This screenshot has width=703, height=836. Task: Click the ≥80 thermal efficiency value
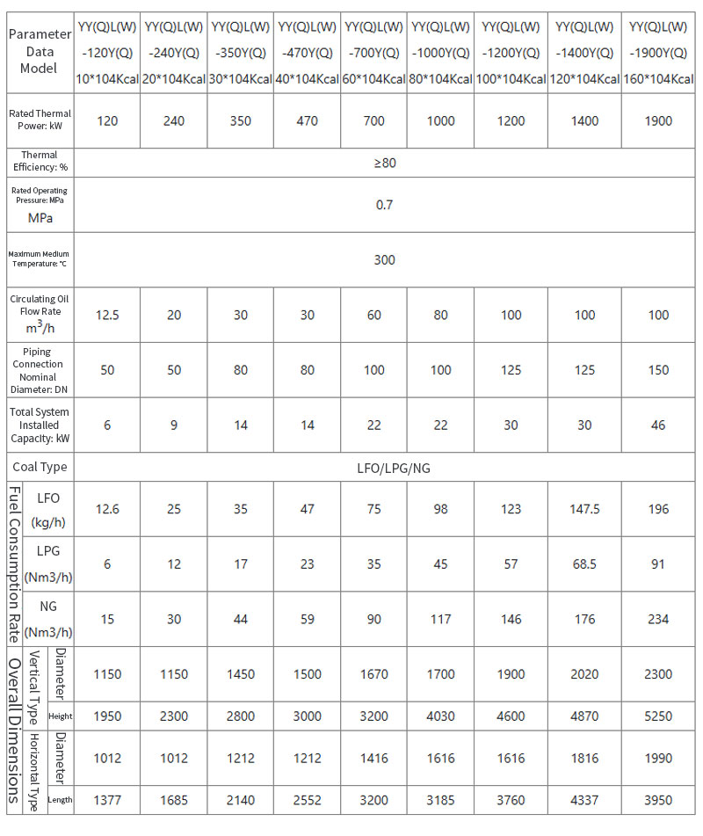(384, 163)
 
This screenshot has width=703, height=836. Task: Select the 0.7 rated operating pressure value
(384, 205)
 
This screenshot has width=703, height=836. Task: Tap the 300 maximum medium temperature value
(384, 259)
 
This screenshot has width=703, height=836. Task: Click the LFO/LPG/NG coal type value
(384, 468)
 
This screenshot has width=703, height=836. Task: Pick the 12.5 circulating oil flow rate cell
(107, 315)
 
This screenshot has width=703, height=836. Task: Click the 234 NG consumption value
(658, 619)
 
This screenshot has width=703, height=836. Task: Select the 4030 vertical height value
(441, 716)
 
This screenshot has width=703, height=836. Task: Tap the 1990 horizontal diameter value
(658, 758)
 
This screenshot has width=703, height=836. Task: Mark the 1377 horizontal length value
(107, 800)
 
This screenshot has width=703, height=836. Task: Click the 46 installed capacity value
(658, 425)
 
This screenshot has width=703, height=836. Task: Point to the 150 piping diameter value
(658, 370)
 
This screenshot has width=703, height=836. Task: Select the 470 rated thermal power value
(308, 120)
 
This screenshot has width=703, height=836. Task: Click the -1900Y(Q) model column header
(658, 53)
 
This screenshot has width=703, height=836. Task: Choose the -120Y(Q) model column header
(107, 53)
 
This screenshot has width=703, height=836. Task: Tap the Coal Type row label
(40, 468)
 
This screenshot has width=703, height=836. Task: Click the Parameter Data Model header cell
(40, 51)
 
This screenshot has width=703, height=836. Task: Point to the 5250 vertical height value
(658, 716)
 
